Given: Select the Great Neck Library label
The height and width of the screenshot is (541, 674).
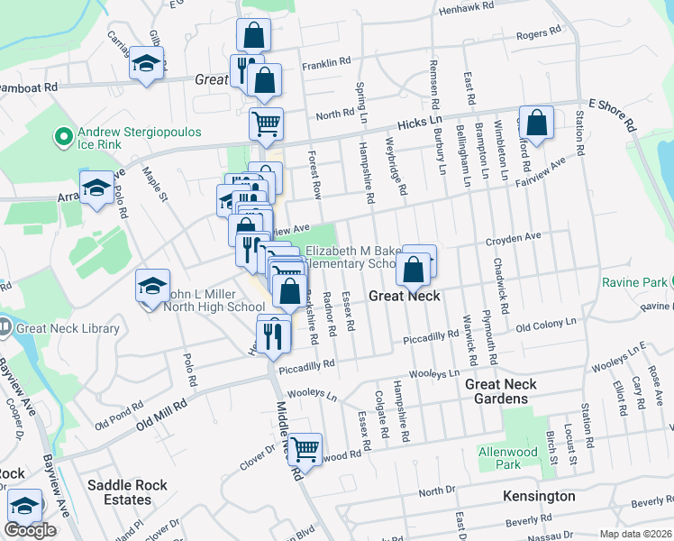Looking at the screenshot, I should click(x=68, y=328).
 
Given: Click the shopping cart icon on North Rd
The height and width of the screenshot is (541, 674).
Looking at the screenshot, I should click(x=266, y=124).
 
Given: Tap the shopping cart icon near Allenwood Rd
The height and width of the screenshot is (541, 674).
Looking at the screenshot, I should click(x=305, y=446).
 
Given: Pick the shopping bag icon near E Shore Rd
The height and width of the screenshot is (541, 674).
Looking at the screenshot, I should click(x=536, y=125).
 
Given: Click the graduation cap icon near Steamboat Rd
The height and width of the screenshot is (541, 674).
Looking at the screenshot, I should click(x=146, y=63).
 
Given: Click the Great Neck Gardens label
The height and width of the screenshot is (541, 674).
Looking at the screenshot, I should click(x=501, y=392).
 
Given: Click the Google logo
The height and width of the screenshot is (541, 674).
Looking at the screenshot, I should click(x=30, y=530).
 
